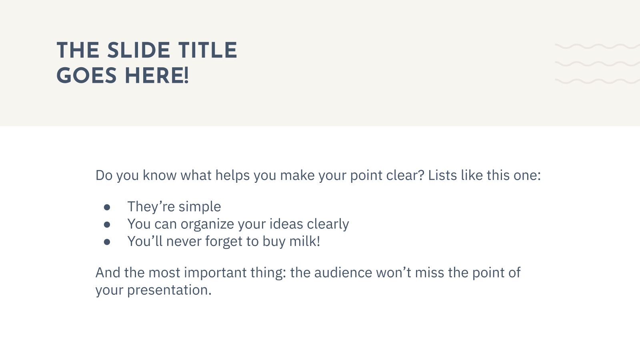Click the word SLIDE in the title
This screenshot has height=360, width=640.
coord(139,50)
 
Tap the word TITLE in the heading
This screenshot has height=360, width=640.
coord(208,50)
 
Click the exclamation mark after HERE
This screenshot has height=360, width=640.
coord(186,76)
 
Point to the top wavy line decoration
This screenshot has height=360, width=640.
coord(597,46)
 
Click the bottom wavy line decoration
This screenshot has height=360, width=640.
coord(597,81)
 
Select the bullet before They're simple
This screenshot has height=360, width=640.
coord(107,207)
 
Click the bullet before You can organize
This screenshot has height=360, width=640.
coord(107,225)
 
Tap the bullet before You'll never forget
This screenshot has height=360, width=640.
coord(107,242)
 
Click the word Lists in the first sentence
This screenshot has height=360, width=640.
coord(442,175)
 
